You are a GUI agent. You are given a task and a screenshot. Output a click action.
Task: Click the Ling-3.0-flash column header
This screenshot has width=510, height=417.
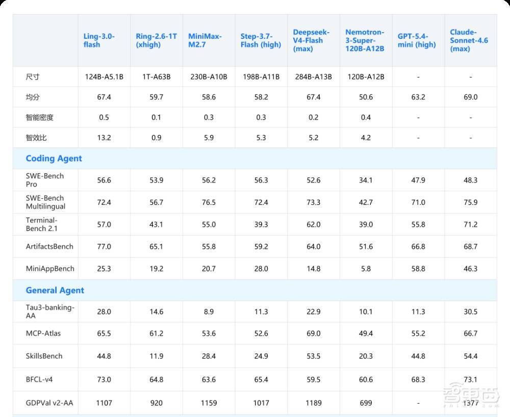[x=99, y=40]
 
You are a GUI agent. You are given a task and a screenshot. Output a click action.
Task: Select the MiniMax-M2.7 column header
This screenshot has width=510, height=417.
[x=205, y=40]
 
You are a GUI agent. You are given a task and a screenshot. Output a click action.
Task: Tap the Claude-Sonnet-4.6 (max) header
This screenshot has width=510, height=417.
[x=469, y=40]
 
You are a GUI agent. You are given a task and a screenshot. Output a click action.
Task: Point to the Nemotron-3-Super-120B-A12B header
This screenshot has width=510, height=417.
[x=365, y=40]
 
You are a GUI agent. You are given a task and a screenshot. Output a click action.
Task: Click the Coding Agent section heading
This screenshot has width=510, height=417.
[x=54, y=158]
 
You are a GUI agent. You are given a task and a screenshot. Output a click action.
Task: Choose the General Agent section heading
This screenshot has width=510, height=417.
[x=55, y=290]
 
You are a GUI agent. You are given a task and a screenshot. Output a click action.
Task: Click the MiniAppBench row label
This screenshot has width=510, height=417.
[x=50, y=269]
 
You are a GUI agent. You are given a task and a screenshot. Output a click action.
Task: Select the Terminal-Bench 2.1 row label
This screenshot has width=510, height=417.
[x=42, y=224]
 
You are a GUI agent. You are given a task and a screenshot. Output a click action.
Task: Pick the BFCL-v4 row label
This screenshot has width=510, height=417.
[x=39, y=379]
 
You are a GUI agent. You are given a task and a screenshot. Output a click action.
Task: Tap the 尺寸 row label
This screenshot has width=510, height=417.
[x=33, y=77]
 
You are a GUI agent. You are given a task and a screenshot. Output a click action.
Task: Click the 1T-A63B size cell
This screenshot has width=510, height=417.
[x=156, y=77]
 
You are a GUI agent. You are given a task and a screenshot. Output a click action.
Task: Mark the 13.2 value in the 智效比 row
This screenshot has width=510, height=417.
[x=104, y=138]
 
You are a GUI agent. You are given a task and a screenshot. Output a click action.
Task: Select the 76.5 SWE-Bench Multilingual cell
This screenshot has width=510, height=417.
[x=209, y=202]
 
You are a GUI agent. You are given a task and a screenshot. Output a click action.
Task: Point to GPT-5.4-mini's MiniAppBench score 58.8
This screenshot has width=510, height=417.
[x=418, y=269]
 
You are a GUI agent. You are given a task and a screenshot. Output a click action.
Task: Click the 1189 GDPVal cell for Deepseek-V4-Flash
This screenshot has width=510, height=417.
[x=313, y=403]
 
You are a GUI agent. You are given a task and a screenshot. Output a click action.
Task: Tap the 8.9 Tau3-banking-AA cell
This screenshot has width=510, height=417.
[x=209, y=311]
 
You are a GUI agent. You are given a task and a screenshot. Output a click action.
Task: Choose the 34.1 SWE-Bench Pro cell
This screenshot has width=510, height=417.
[x=366, y=180]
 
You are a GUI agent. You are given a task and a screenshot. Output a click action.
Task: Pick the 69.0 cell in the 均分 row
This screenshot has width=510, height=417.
[x=470, y=97]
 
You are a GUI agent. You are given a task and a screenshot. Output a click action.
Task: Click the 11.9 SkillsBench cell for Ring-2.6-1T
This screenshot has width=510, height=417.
[x=156, y=356]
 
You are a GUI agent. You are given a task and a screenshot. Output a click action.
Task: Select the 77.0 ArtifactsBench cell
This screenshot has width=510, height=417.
[x=104, y=247]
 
